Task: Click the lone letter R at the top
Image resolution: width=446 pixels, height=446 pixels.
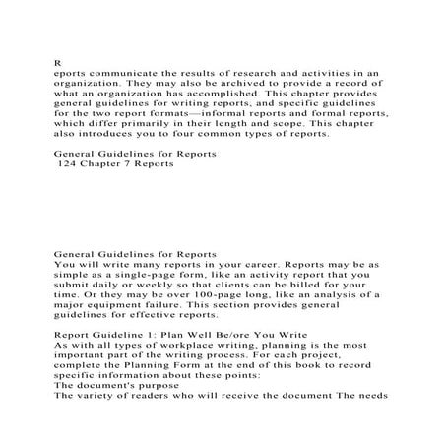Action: point(57,59)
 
